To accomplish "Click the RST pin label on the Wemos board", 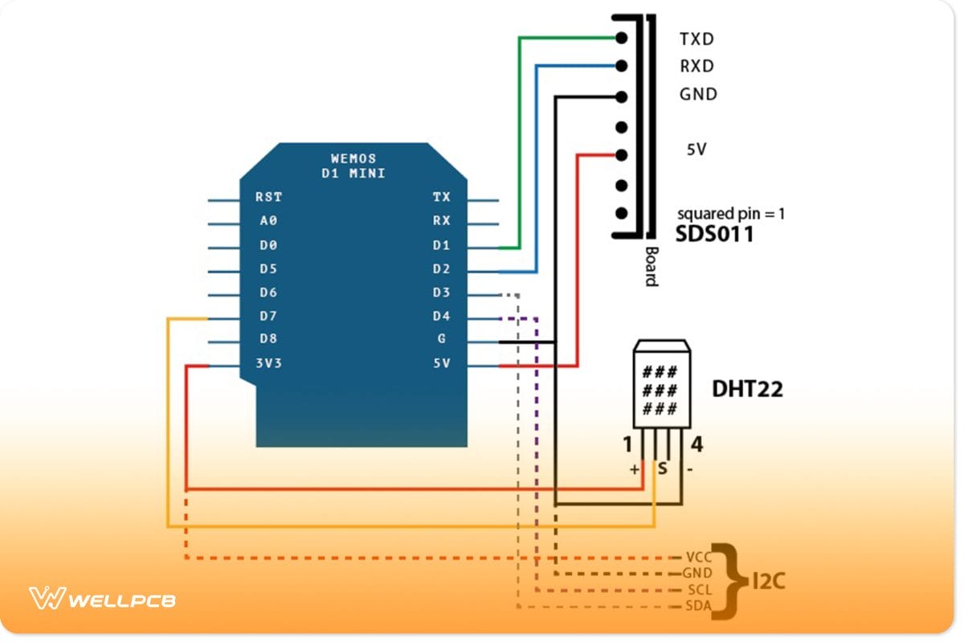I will point(268,197).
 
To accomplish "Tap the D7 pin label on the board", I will point(268,315).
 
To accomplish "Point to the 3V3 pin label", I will point(268,363).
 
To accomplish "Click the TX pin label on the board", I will point(441,197).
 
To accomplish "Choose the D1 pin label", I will point(441,245).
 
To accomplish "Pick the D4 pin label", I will point(441,316).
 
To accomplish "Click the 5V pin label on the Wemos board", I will point(441,363).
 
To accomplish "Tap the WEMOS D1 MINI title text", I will point(353,166).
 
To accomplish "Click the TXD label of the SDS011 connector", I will point(696,39).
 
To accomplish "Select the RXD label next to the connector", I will point(696,67).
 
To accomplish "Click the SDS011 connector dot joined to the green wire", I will point(620,37).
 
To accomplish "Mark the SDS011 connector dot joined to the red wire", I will point(620,155).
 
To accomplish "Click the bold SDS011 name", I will point(715,235).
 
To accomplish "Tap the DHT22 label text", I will point(747,390).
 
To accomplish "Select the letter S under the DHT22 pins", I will point(662,467).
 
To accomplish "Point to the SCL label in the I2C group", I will point(697,590).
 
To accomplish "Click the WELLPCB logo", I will point(103,600).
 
